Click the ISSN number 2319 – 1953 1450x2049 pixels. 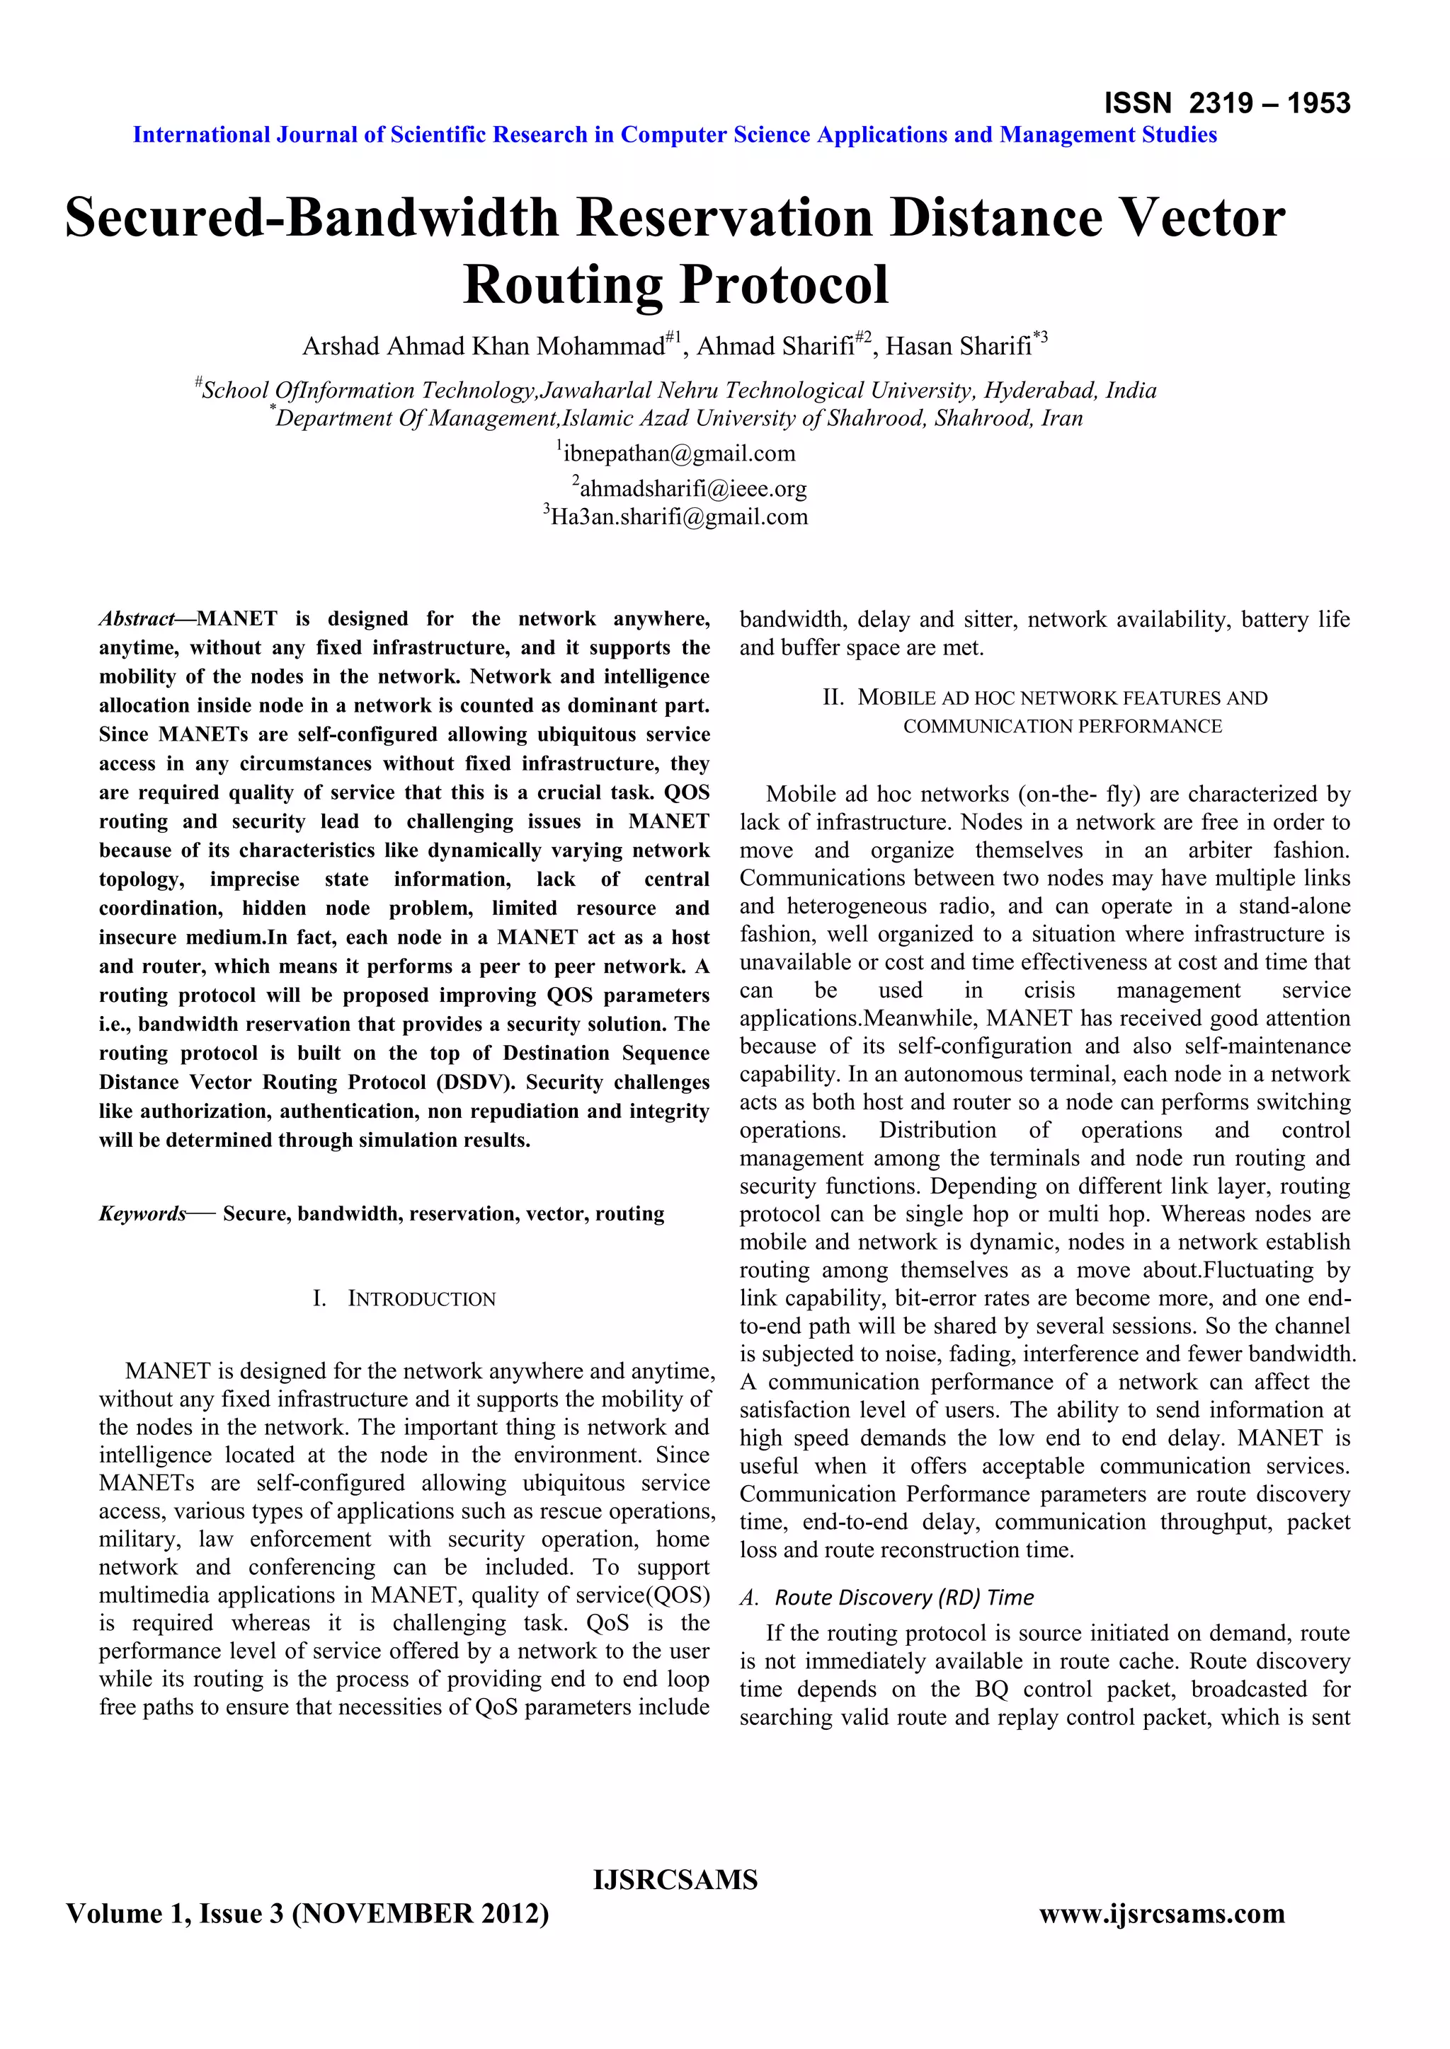(x=1269, y=103)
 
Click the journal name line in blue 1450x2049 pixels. (x=675, y=134)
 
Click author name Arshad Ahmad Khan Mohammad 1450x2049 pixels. (x=483, y=346)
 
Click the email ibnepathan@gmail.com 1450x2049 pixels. (x=678, y=454)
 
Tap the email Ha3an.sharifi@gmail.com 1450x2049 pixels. (x=678, y=516)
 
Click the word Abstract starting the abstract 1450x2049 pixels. (x=137, y=619)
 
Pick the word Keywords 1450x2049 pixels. (x=143, y=1213)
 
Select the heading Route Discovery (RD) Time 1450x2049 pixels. (x=903, y=1598)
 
